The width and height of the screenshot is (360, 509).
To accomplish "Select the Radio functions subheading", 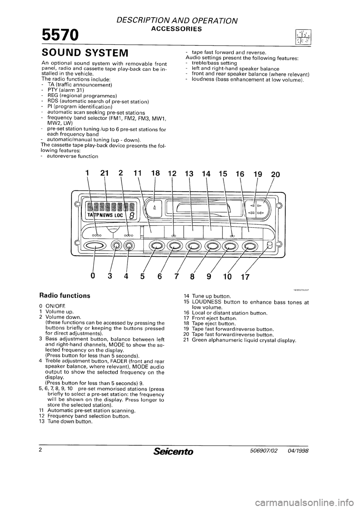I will coord(64,295).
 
